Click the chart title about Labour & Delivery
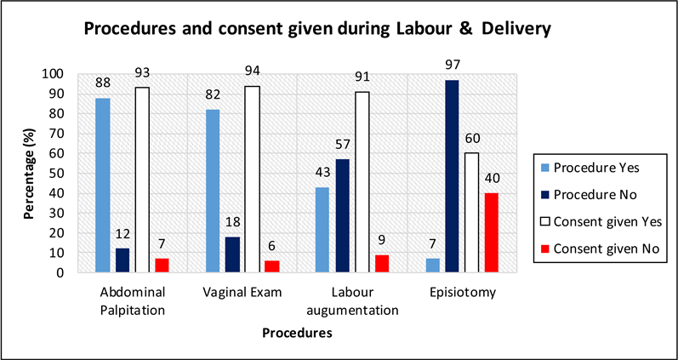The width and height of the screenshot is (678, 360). pos(316,29)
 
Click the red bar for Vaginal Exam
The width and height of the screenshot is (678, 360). pos(272,266)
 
